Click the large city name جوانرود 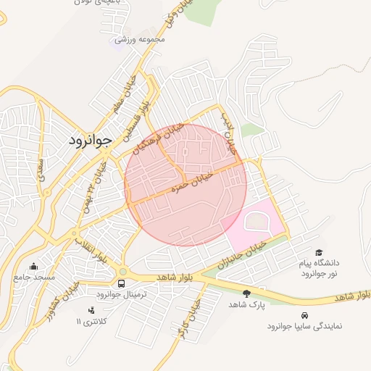89,141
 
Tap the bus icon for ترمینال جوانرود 121,283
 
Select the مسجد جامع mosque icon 33,267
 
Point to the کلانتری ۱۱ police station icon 91,310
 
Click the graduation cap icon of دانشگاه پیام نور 320,251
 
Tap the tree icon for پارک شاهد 246,293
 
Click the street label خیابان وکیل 172,14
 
